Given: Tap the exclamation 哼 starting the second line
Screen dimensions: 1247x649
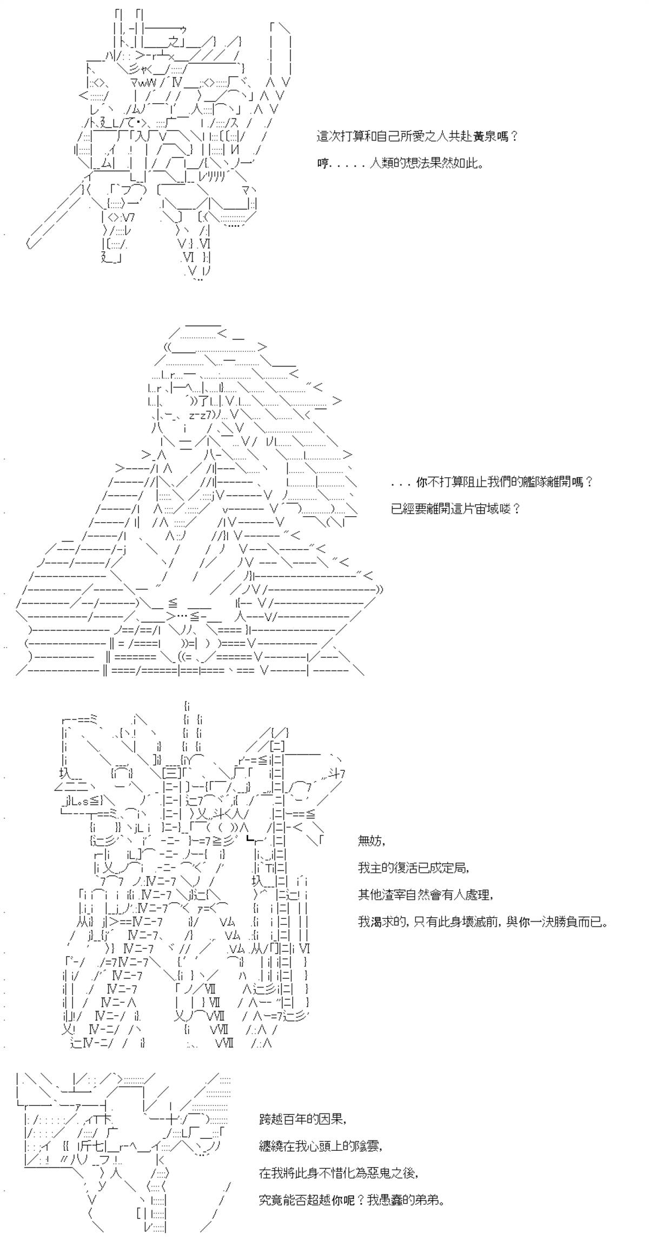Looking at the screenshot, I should click(323, 163).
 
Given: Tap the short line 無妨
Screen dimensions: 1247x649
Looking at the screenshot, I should click(371, 841).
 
